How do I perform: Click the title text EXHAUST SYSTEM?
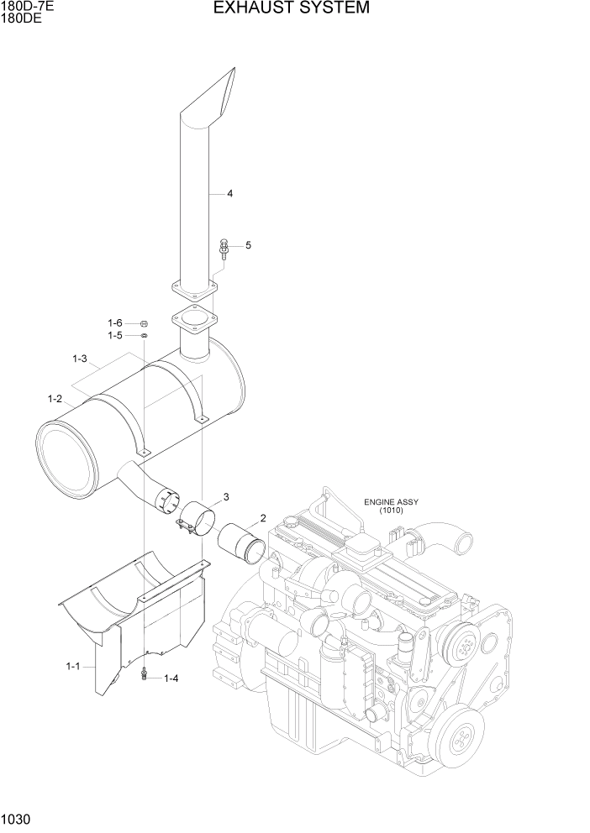pos(291,8)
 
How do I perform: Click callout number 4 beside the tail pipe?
pos(229,194)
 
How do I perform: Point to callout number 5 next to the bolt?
pos(248,245)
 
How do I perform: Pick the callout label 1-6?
pos(114,323)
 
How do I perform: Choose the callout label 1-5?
pos(114,336)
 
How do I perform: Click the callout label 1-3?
pos(80,359)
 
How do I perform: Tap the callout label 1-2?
pos(55,399)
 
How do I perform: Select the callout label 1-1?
pos(72,666)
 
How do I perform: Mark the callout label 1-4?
pos(171,678)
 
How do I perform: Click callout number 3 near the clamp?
pos(226,497)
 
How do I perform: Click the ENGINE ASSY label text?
pos(391,502)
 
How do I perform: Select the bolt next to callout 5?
pos(223,248)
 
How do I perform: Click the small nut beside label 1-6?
pos(144,323)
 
